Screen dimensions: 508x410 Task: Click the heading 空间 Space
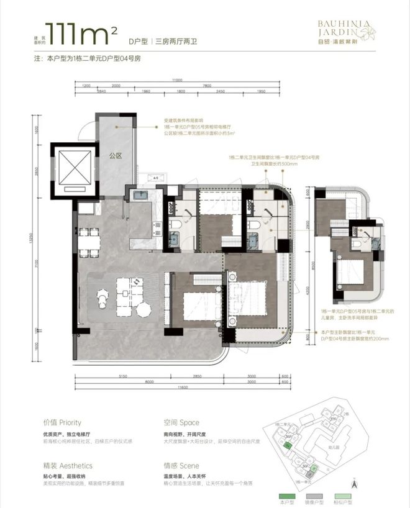tap(176, 422)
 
